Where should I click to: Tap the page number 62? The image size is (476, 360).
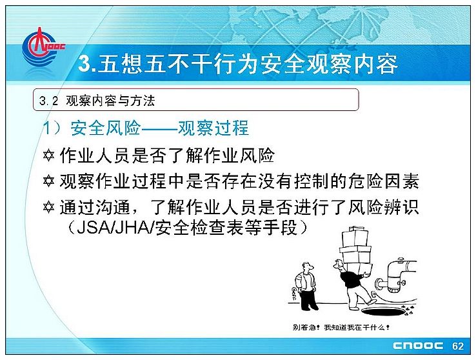pos(457,346)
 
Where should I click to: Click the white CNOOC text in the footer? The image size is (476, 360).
pos(418,346)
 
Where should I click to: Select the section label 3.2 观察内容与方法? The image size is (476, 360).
pos(97,101)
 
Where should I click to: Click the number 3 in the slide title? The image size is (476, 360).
pos(84,64)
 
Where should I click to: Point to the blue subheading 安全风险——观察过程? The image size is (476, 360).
pos(160,128)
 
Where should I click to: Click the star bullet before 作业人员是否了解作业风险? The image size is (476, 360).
pos(48,155)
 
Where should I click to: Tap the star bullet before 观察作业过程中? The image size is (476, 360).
pos(48,181)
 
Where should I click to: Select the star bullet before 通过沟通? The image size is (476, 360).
pos(48,208)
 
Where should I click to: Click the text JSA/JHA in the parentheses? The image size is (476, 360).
pos(115,227)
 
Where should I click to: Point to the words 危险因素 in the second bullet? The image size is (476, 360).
pos(383,181)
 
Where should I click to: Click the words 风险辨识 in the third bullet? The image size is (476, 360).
pos(383,207)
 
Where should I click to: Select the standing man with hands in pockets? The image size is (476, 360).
pos(306,286)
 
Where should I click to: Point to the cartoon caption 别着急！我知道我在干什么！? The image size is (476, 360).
pos(341,328)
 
